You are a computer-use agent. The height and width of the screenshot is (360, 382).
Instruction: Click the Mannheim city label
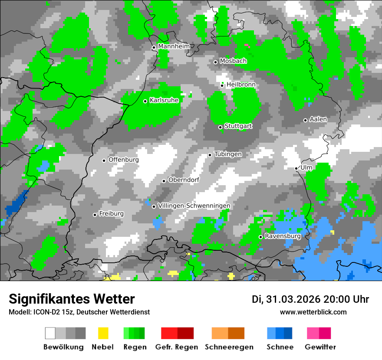click(174, 46)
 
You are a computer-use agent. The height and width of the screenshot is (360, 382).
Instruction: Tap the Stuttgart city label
click(238, 126)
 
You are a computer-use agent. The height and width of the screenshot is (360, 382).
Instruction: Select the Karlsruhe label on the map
click(164, 100)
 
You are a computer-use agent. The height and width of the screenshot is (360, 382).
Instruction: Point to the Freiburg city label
click(111, 214)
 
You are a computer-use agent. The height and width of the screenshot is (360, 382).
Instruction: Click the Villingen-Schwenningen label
click(194, 206)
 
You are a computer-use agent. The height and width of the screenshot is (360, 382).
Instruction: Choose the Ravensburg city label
click(283, 236)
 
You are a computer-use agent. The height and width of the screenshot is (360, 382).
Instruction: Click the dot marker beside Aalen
click(305, 120)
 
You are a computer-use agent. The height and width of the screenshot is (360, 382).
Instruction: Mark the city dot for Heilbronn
click(222, 85)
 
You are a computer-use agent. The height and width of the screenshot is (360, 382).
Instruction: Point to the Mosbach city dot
click(215, 62)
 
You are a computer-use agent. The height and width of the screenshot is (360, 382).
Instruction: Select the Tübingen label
click(228, 154)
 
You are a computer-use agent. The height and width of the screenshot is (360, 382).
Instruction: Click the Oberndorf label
click(184, 180)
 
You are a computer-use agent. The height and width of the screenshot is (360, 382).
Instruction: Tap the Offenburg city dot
click(104, 160)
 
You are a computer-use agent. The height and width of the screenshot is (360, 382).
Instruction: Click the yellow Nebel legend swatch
click(103, 333)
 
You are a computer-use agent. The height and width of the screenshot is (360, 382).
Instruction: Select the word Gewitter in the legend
click(320, 347)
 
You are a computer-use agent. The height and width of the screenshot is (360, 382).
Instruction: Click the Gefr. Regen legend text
click(177, 347)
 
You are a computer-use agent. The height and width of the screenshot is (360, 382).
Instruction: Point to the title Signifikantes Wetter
click(72, 299)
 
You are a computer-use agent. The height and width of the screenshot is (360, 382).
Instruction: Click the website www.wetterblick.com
click(313, 312)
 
